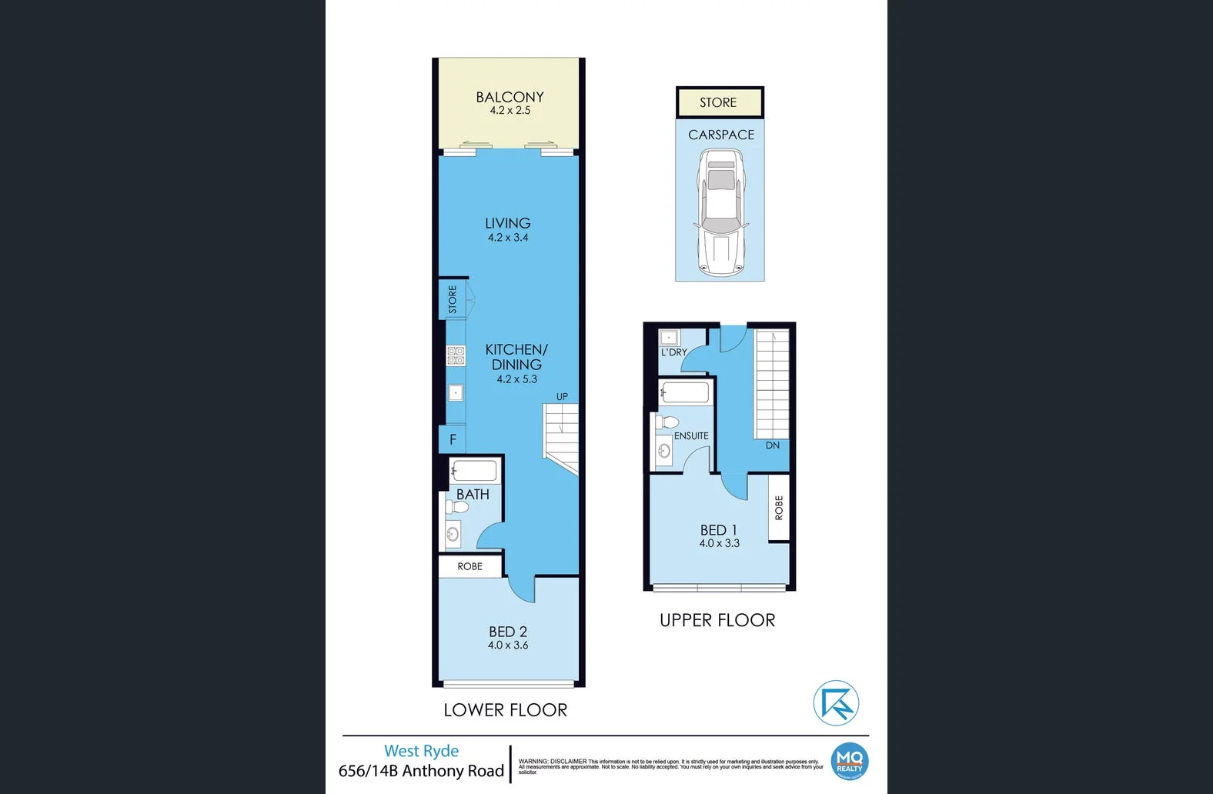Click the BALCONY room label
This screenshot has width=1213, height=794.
510,97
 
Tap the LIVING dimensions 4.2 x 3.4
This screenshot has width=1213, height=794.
508,238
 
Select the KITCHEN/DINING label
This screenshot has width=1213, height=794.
516,357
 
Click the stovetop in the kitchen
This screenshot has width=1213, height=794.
456,355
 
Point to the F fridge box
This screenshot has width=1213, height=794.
453,439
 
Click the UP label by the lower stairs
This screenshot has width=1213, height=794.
562,397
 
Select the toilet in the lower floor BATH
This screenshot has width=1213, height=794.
457,507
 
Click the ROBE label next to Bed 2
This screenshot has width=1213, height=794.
469,566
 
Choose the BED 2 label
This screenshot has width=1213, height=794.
508,632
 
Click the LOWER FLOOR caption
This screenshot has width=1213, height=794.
505,710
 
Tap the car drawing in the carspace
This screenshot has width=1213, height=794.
721,213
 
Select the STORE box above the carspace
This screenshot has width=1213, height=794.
718,102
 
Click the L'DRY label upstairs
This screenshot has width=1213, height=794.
674,352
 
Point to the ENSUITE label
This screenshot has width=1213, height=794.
691,435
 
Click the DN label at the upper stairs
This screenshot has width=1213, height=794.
773,445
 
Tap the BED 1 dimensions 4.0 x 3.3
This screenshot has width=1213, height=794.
719,543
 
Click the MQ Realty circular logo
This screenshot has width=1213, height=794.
850,762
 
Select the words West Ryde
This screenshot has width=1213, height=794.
421,751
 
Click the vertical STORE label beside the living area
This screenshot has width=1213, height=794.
453,299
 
